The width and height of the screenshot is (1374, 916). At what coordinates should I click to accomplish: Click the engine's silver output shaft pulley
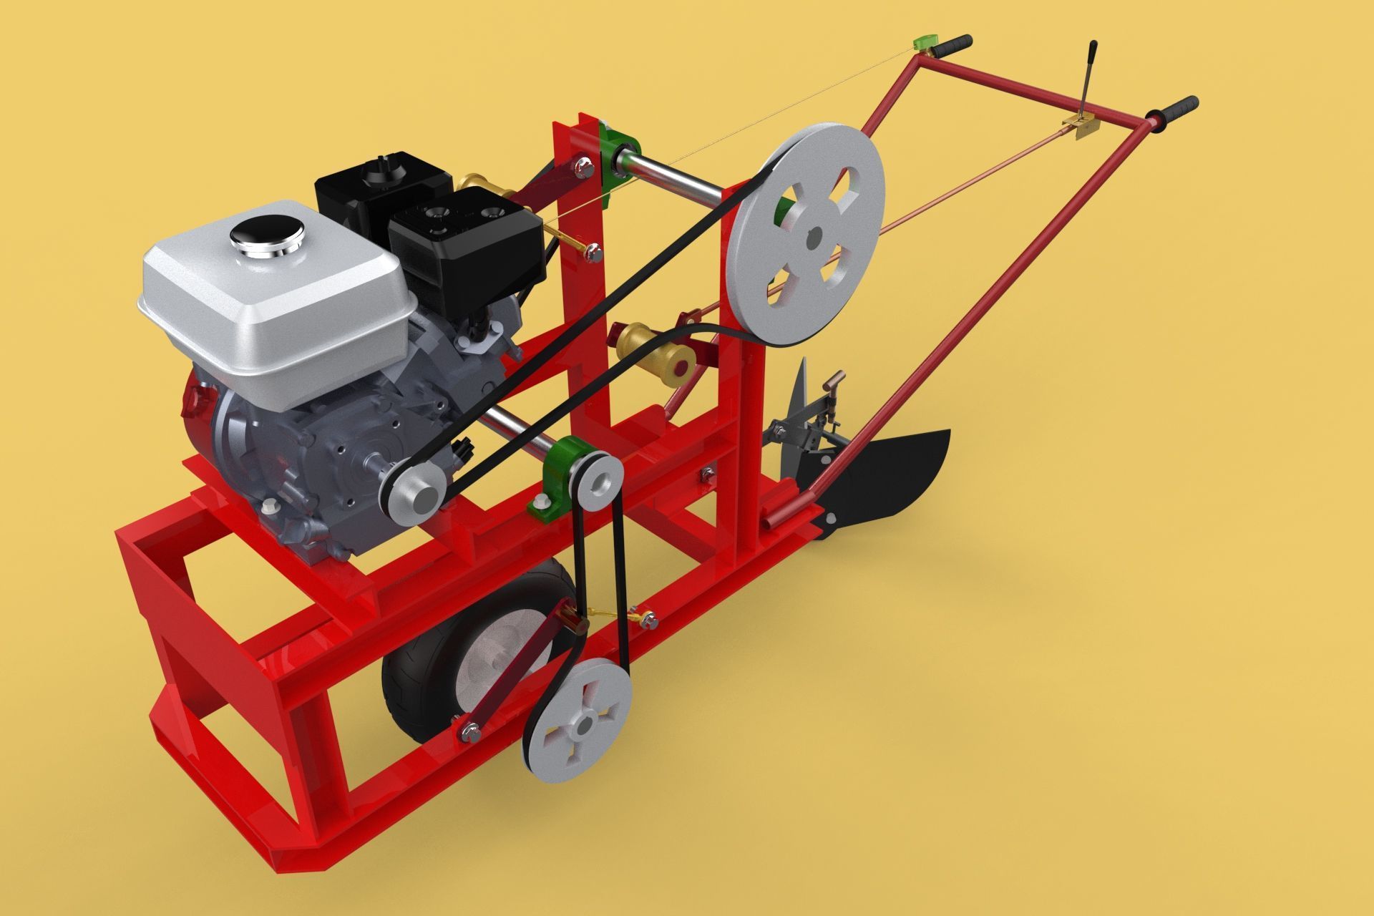point(411,495)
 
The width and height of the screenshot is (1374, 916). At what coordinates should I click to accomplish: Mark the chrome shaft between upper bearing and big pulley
point(680,175)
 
